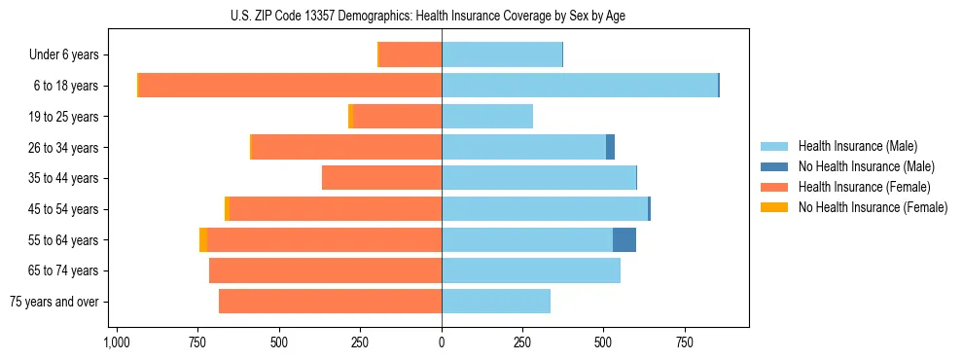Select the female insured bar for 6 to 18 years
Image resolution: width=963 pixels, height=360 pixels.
(290, 86)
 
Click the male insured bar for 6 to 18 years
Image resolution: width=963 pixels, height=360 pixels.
(580, 86)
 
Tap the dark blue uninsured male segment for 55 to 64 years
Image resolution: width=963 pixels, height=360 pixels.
(624, 239)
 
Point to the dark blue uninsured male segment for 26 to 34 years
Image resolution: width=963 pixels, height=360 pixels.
(610, 147)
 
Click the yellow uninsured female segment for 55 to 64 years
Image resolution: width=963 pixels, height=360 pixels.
(202, 239)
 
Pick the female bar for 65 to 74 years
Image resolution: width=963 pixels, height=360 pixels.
(326, 270)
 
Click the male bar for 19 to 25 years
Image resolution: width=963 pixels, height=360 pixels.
(487, 117)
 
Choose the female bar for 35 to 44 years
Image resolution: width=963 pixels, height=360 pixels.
(382, 178)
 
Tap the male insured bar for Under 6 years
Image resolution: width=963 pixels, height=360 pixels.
(502, 54)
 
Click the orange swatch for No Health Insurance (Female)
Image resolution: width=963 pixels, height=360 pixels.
(774, 207)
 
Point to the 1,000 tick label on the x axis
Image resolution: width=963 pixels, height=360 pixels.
(117, 343)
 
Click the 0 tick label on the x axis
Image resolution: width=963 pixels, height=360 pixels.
(442, 343)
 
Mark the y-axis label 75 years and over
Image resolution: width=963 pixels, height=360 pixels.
(54, 302)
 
